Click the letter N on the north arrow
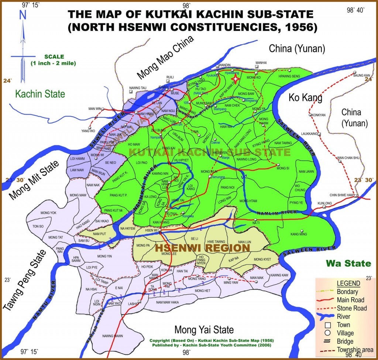[x=23, y=14]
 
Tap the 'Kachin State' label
[x=40, y=94]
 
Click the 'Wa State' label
[x=348, y=263]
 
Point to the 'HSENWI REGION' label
[x=202, y=247]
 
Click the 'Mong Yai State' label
[x=204, y=329]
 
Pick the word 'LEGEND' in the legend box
[x=348, y=283]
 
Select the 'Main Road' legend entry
[x=350, y=300]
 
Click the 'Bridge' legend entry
[x=345, y=341]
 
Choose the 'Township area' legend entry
[x=355, y=350]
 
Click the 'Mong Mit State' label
[x=34, y=180]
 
